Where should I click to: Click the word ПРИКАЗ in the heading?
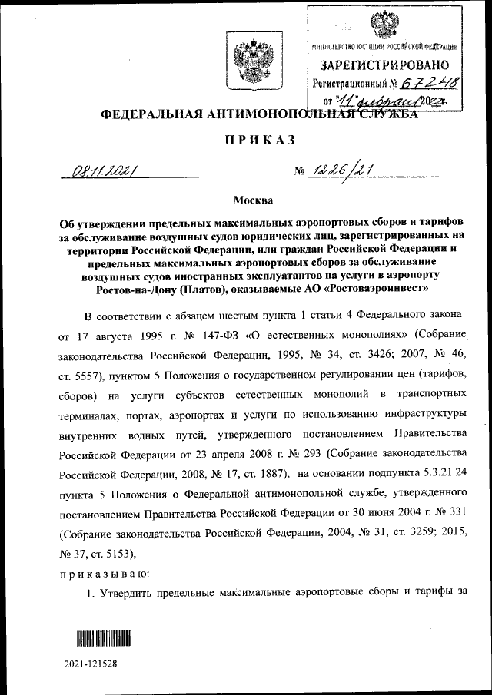(x=248, y=141)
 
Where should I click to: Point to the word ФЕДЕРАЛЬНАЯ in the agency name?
(x=148, y=115)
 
